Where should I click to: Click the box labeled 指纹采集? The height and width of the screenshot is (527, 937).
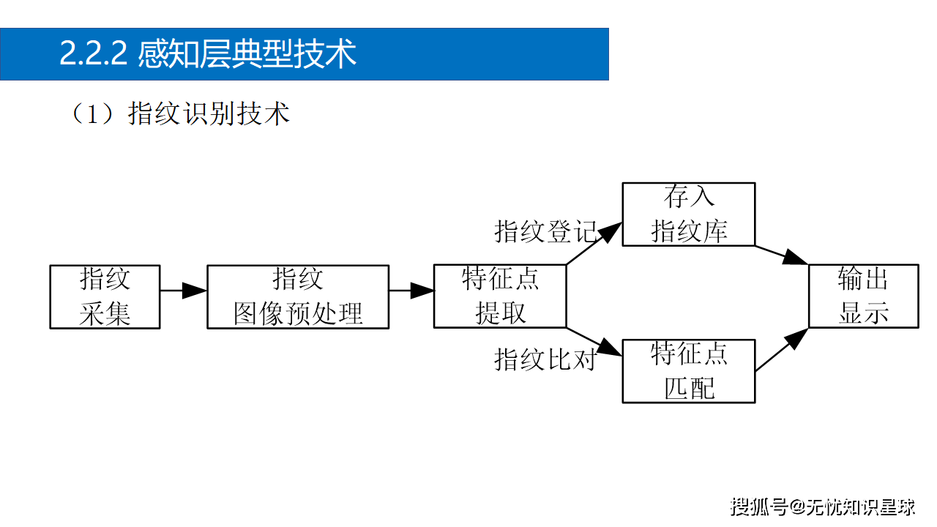[x=105, y=296]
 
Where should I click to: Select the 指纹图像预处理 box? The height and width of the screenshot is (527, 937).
[x=298, y=296]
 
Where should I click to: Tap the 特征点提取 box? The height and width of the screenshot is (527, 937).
[x=500, y=296]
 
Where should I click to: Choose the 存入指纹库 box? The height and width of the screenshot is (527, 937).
[x=688, y=214]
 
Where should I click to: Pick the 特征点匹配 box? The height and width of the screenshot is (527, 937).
[x=688, y=370]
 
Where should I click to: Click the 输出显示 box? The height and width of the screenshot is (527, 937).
[x=863, y=296]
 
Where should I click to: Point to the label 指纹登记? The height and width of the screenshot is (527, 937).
[x=545, y=231]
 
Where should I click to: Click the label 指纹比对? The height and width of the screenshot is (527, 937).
[x=545, y=359]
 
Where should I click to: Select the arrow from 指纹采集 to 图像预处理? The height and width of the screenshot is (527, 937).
[x=183, y=291]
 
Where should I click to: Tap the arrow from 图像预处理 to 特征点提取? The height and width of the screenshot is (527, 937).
[x=411, y=291]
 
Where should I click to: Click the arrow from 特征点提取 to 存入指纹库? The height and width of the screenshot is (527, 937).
[x=594, y=244]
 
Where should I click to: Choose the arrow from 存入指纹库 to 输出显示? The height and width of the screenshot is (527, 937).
[x=781, y=255]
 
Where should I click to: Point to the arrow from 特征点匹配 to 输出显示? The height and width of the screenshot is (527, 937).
[x=781, y=350]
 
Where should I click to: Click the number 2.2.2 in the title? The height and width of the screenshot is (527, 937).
[x=94, y=54]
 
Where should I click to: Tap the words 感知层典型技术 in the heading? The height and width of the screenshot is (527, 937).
[x=247, y=54]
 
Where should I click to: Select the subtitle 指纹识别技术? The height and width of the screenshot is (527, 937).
[x=209, y=114]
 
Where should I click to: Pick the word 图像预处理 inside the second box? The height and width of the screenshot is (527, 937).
[x=298, y=314]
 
